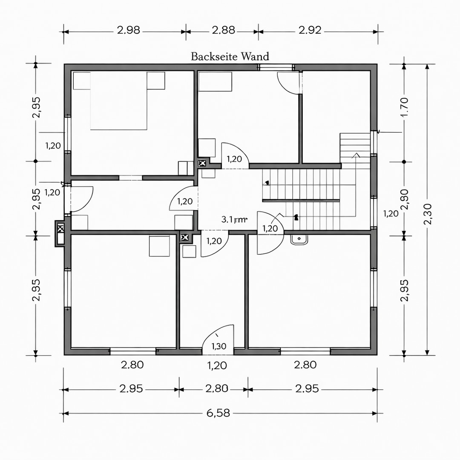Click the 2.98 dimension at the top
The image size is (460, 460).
pyautogui.click(x=128, y=31)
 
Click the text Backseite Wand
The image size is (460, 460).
pyautogui.click(x=230, y=56)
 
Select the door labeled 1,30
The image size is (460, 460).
pyautogui.click(x=218, y=341)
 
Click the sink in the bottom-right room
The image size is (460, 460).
pyautogui.click(x=299, y=239)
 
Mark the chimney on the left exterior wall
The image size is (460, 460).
pyautogui.click(x=60, y=233)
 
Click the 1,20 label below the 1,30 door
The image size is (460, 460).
pyautogui.click(x=217, y=365)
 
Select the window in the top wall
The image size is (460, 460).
pyautogui.click(x=276, y=67)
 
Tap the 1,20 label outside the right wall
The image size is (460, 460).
pyautogui.click(x=391, y=213)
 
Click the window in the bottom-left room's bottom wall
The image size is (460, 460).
pyautogui.click(x=133, y=351)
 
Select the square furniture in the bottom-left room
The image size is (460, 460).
pyautogui.click(x=159, y=247)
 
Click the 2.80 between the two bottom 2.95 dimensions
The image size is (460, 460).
pyautogui.click(x=217, y=389)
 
